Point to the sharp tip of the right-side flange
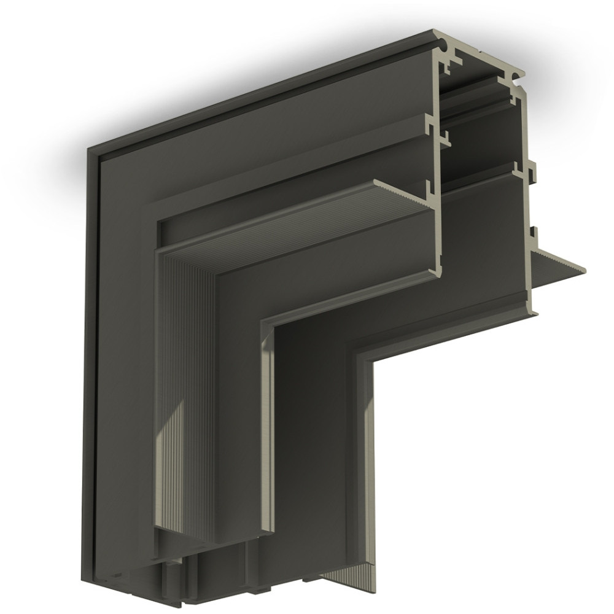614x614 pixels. tap(585, 268)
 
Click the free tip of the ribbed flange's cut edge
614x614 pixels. tap(375, 182)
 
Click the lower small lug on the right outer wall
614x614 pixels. tap(534, 234)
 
